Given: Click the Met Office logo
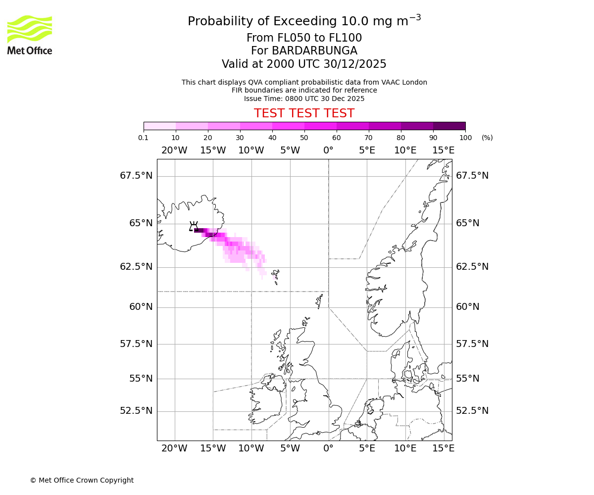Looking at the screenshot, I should click(x=30, y=35).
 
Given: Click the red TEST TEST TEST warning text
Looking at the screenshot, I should click(x=304, y=113).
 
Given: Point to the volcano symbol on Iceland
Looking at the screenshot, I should click(x=194, y=226).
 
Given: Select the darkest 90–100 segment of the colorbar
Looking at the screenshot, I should click(x=449, y=126).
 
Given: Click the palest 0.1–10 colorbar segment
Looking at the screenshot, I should click(x=159, y=126).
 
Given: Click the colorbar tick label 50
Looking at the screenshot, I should click(x=304, y=138).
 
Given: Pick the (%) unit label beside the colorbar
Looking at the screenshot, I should click(x=487, y=138).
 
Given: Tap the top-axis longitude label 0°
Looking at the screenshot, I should click(x=328, y=150).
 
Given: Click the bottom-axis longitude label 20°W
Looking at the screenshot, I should click(x=174, y=448).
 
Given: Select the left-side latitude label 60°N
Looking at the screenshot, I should click(x=141, y=307).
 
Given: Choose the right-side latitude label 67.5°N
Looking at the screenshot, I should click(x=472, y=176).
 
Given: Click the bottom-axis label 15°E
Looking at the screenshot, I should click(x=444, y=448).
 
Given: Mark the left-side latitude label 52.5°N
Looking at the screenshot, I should click(x=136, y=411).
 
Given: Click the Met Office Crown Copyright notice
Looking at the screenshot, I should click(x=82, y=480).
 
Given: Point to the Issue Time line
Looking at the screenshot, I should click(x=304, y=99).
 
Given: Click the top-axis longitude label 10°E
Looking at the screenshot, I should click(x=405, y=150).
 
